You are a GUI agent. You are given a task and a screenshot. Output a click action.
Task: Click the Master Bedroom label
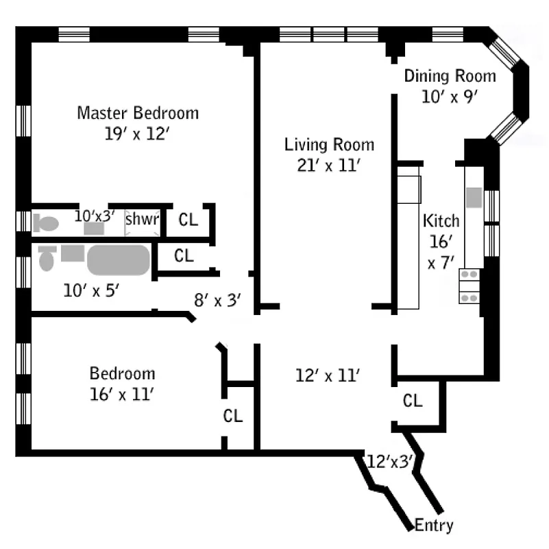coord(138,113)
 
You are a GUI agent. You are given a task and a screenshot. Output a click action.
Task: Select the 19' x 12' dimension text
coord(137,133)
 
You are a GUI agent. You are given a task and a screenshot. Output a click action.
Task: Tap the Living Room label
coord(330,145)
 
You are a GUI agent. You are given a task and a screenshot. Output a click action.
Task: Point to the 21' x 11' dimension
coord(330,165)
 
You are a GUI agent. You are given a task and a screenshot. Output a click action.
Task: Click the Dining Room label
coord(449,76)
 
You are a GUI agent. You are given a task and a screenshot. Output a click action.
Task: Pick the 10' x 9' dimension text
coord(449,97)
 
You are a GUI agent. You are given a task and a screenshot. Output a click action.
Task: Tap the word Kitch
coord(441,221)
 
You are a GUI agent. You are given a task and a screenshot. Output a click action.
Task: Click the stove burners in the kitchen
coord(469,285)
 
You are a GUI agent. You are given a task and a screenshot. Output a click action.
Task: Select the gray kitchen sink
coord(474,197)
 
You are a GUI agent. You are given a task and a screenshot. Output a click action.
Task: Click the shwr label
coord(142,220)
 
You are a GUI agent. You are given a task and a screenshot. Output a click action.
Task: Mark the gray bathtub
coord(118,260)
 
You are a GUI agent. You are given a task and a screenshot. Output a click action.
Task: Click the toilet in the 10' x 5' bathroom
coord(47,258)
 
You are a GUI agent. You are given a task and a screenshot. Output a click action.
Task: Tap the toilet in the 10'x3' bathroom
coord(45,223)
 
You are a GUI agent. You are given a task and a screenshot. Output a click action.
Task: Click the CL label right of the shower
coord(188,220)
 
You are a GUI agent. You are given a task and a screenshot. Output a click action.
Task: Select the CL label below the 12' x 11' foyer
coord(413,401)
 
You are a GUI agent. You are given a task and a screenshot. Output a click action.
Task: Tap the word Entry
coord(435,526)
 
